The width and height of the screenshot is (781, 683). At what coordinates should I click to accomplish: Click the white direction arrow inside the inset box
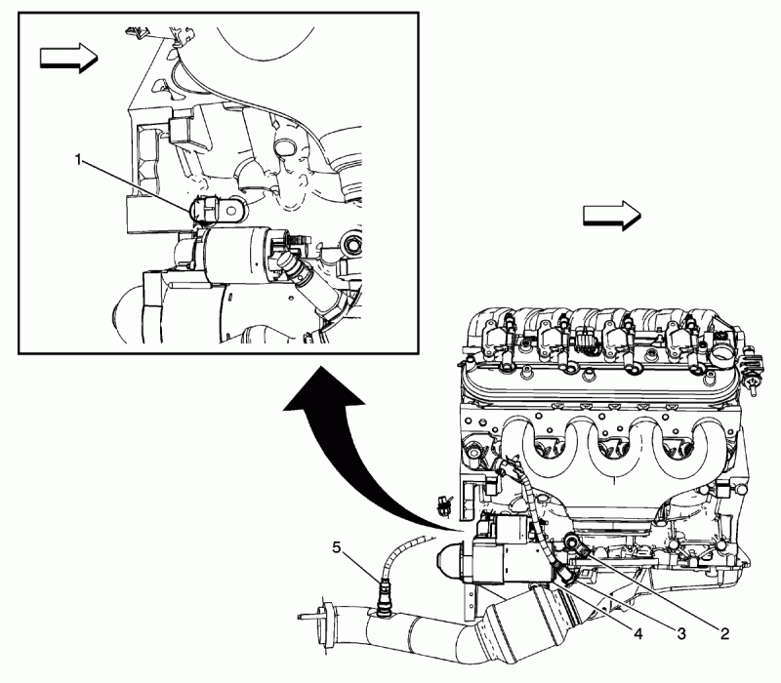click(x=65, y=59)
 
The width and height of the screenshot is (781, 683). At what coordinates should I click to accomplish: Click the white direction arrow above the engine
click(x=610, y=216)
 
